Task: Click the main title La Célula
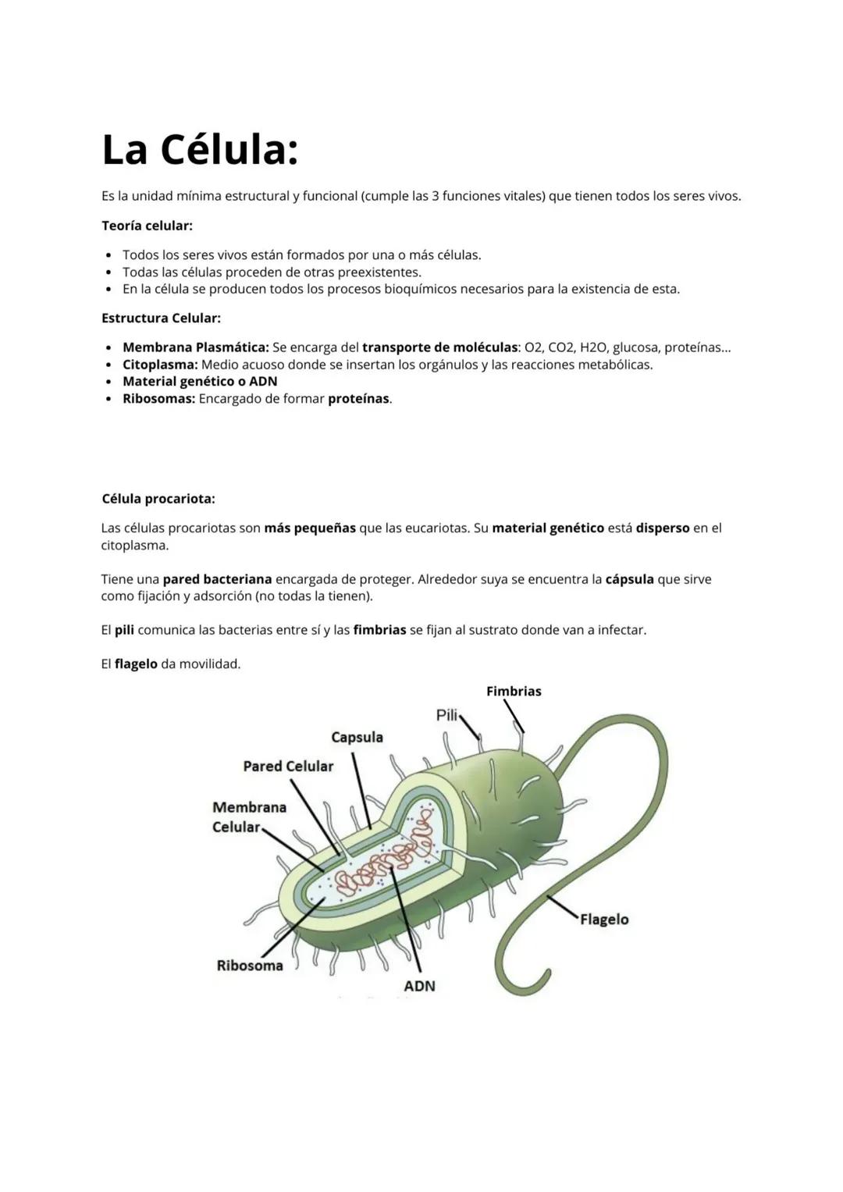[200, 150]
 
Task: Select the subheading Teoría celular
[147, 226]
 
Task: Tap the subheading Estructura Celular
[161, 318]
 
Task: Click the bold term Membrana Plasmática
[195, 347]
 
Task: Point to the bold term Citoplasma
[159, 365]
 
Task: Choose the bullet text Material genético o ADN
[200, 382]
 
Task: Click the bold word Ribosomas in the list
[158, 399]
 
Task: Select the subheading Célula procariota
[158, 499]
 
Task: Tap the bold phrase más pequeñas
[310, 528]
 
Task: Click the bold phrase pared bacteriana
[217, 580]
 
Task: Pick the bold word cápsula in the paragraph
[629, 580]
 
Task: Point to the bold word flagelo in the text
[136, 664]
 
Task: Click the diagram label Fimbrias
[514, 692]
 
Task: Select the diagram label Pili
[446, 715]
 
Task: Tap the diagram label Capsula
[357, 738]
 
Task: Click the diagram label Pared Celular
[288, 767]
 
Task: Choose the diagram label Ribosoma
[250, 966]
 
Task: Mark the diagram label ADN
[419, 987]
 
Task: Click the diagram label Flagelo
[604, 920]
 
